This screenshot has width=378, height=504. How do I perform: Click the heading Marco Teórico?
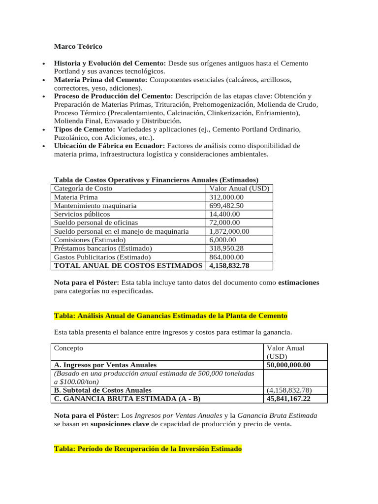[x=78, y=46]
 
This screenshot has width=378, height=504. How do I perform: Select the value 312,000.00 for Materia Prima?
[x=226, y=197]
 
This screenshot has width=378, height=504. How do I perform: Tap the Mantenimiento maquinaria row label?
[x=95, y=206]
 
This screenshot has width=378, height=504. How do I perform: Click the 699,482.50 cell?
[x=226, y=206]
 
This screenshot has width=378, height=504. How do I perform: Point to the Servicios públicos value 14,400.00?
[x=224, y=214]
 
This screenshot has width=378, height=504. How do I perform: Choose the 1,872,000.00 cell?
[x=229, y=231]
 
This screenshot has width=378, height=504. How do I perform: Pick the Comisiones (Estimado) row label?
[x=90, y=240]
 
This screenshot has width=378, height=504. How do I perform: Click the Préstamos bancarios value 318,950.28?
[x=226, y=249]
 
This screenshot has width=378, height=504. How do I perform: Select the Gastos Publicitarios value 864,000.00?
[x=226, y=257]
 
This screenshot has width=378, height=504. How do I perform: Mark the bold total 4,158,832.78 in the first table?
[x=229, y=266]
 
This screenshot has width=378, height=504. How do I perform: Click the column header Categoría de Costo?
[x=83, y=189]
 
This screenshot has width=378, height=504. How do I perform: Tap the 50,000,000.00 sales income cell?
[x=288, y=365]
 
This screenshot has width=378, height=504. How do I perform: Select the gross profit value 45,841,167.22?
[x=288, y=399]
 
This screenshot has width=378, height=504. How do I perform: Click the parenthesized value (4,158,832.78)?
[x=289, y=390]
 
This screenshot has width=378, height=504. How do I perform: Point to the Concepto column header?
[x=68, y=348]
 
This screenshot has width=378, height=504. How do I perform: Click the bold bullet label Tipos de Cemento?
[x=84, y=129]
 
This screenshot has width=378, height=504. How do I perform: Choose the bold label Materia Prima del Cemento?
[x=100, y=80]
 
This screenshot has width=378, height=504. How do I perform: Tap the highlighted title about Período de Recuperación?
[x=148, y=449]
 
